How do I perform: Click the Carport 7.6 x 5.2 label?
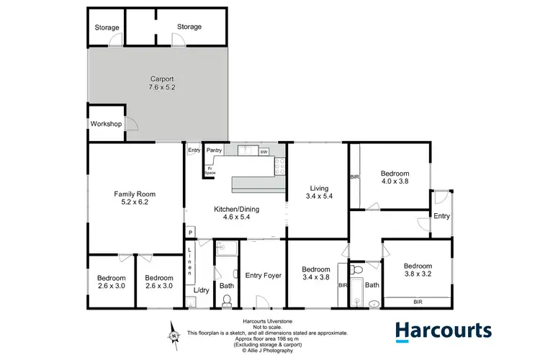coord(162,83)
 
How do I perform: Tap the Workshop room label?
coord(105,124)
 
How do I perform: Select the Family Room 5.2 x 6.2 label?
coord(135,199)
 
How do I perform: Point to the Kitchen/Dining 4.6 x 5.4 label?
coord(235,214)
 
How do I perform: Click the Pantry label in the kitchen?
coord(213,150)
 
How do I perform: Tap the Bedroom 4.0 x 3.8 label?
coord(395,178)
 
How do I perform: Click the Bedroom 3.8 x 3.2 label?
coord(418,268)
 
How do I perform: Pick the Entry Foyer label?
coord(263,274)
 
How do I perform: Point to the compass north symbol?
coord(174,335)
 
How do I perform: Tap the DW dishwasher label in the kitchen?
coord(264,153)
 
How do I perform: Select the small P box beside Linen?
coord(190,233)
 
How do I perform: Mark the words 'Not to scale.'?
coord(267,327)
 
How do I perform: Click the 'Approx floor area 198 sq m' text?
coord(267,339)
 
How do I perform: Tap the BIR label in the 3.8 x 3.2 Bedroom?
coord(418,302)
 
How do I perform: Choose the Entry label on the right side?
coord(441,216)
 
